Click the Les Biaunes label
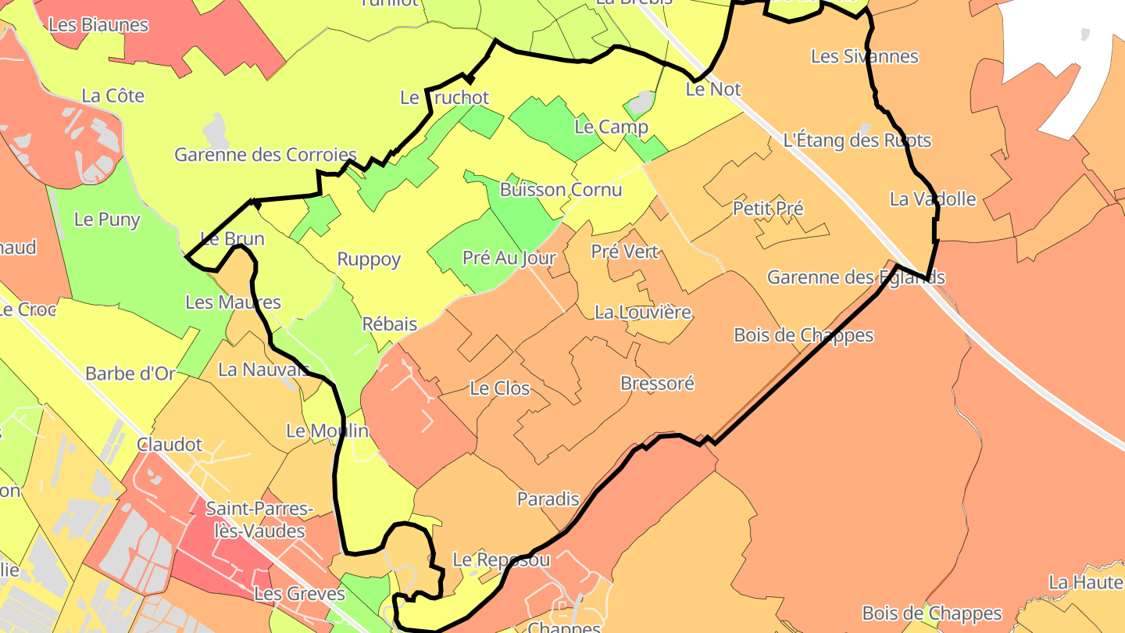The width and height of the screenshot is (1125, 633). coord(98,24)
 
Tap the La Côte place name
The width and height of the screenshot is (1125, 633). coord(113,96)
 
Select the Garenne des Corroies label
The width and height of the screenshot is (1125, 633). coord(265,155)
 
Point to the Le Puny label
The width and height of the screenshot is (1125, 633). coord(107,220)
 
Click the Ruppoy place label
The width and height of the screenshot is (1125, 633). coord(369,259)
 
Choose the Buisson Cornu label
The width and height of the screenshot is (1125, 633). coord(561,189)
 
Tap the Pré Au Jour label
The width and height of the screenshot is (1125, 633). coord(509,258)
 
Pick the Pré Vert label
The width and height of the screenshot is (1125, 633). coord(625,252)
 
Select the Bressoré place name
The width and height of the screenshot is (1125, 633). coord(657,384)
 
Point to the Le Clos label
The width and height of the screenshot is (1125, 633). coord(500,388)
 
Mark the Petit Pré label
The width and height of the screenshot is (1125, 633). coord(768,209)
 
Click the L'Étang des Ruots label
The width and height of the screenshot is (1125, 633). coord(857,141)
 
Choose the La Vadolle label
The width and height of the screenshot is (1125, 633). coord(933,199)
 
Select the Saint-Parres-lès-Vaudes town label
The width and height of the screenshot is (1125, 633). coord(255,520)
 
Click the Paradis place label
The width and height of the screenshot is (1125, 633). coord(548,499)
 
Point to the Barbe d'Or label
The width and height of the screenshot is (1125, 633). coord(130,374)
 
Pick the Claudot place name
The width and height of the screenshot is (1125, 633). coord(170,445)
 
